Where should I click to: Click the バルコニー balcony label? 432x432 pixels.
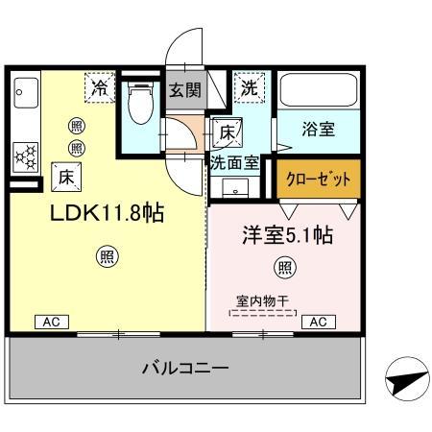coord(185,367)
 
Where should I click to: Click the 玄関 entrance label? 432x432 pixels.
coord(184,89)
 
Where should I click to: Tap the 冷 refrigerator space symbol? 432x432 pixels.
coord(100,86)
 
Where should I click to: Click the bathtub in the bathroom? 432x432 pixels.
coord(320,94)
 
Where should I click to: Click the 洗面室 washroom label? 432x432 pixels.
coord(234,162)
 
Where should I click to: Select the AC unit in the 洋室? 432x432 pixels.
coord(319,322)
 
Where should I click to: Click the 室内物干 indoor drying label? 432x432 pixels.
coord(265,300)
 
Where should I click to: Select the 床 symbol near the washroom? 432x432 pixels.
coord(227,130)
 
